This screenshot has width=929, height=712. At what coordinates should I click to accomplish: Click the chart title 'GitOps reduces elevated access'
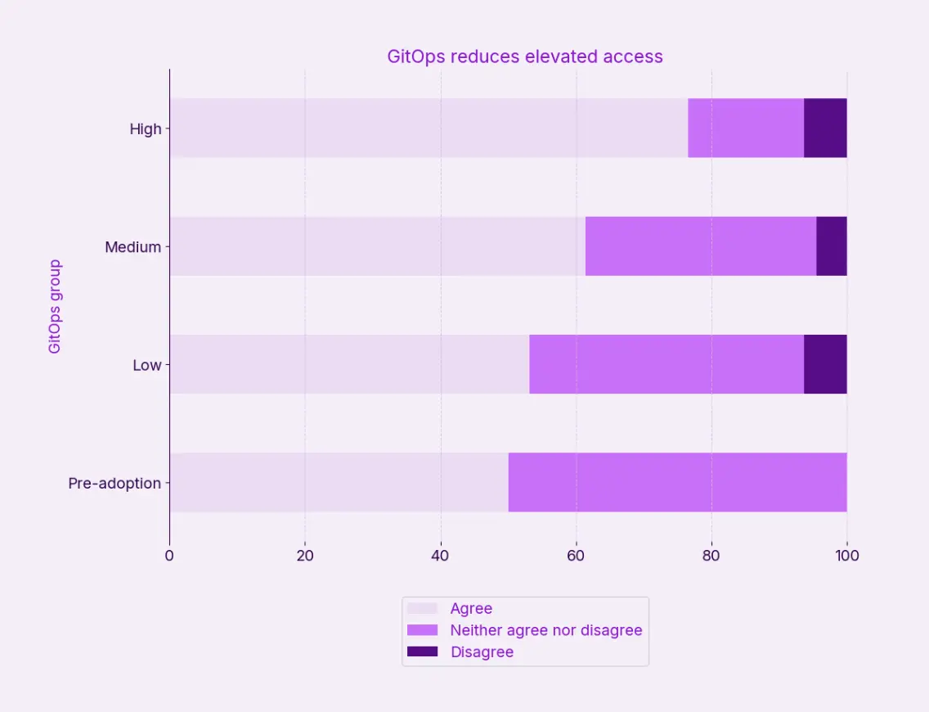[x=524, y=56]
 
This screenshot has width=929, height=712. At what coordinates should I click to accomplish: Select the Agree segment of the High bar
[x=429, y=128]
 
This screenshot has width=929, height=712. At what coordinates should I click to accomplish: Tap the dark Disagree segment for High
[x=825, y=128]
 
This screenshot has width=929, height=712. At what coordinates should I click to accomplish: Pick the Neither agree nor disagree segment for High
[x=746, y=128]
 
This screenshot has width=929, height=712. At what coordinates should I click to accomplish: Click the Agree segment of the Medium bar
[x=377, y=246]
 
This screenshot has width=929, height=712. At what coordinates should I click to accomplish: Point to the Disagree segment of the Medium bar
[x=831, y=246]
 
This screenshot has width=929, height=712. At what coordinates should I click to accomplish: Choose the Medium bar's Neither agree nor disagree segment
[x=701, y=246]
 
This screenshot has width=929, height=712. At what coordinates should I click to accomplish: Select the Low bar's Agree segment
[x=349, y=364]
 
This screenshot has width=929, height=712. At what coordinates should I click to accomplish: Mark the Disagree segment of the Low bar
[x=825, y=364]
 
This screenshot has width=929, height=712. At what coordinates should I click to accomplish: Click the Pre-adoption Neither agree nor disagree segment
[x=677, y=482]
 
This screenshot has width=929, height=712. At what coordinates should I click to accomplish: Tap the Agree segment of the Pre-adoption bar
[x=339, y=482]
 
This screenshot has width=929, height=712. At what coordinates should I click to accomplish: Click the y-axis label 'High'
[x=146, y=128]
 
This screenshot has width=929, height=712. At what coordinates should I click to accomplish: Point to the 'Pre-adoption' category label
[x=114, y=483]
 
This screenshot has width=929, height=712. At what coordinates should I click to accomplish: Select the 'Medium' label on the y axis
[x=132, y=246]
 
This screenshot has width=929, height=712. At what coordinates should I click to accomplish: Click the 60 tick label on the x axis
[x=576, y=556]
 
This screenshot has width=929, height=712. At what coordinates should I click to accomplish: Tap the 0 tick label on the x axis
[x=169, y=556]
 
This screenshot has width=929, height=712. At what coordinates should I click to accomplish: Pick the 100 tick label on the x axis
[x=846, y=556]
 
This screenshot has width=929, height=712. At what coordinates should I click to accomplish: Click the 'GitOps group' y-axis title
[x=55, y=306]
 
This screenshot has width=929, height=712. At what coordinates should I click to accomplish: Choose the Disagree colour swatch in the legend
[x=423, y=652]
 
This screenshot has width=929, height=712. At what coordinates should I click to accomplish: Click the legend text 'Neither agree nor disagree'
[x=546, y=630]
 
